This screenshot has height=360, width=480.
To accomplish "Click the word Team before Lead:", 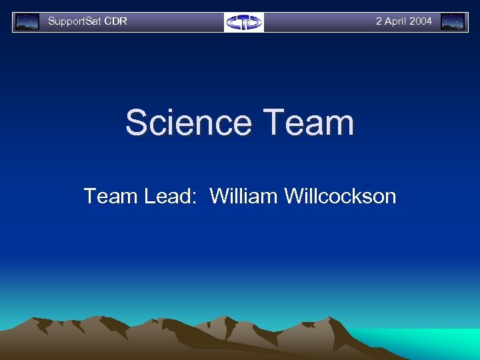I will click(107, 196).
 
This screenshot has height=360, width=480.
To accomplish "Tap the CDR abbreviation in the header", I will click(116, 21).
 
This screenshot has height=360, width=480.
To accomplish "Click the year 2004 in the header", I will click(421, 21).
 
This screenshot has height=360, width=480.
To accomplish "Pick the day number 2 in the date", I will click(379, 21).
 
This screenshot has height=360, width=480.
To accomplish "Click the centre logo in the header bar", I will click(243, 22).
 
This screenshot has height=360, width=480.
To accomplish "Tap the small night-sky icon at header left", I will click(27, 22).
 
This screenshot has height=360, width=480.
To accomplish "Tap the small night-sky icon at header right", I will click(453, 22).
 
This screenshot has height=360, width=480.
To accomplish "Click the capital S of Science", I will click(137, 123).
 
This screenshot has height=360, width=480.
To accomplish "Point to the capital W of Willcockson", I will click(294, 196).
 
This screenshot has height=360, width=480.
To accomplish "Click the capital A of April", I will click(389, 21).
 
